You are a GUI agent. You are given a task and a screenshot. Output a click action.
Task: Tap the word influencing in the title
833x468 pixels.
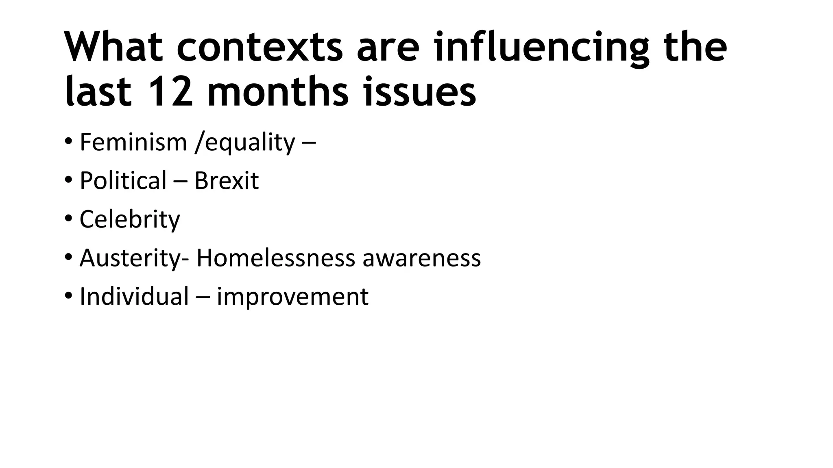click(541, 48)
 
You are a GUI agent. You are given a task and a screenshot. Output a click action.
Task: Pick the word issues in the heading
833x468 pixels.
click(419, 92)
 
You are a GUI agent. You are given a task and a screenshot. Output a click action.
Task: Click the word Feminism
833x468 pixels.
click(133, 142)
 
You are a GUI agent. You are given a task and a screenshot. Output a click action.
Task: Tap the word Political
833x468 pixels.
click(123, 181)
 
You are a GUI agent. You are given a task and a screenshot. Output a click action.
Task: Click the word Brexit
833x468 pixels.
click(226, 181)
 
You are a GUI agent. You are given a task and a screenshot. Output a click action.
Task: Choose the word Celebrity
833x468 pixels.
click(129, 220)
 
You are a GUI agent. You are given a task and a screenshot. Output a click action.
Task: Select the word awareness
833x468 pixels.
click(421, 258)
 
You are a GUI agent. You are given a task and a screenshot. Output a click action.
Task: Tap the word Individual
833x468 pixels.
click(134, 296)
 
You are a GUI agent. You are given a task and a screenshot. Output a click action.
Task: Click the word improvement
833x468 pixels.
click(292, 297)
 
